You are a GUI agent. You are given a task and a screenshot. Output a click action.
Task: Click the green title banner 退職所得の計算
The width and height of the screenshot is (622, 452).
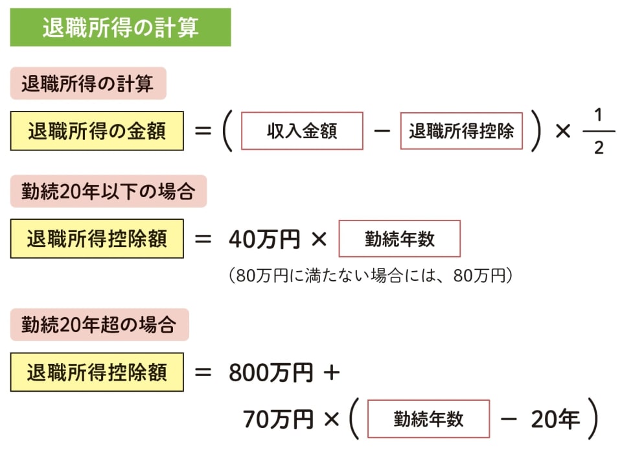(120, 27)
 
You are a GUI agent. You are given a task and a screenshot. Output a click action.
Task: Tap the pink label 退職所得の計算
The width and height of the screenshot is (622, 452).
(88, 84)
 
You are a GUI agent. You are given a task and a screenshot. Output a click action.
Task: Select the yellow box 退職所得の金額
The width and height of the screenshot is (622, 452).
(97, 131)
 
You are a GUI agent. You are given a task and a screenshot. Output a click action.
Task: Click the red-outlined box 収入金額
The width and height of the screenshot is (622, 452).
(302, 131)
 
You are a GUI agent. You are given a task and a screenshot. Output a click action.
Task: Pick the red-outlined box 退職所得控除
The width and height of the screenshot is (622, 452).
(461, 131)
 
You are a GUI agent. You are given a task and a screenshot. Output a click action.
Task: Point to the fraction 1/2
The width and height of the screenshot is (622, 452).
(598, 131)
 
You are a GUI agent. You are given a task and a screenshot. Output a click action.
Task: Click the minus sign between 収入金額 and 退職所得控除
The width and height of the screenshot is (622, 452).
(382, 131)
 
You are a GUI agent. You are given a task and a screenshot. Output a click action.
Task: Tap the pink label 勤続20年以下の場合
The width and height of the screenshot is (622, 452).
(108, 191)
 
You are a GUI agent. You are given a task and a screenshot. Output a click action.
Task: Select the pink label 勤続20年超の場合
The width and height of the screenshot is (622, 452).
(99, 324)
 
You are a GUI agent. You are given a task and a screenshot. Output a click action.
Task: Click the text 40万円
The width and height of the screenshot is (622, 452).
(264, 239)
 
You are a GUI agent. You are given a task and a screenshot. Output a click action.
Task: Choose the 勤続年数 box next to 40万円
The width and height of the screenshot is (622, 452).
(400, 239)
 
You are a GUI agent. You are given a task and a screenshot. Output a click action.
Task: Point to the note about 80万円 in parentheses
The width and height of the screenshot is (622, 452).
(371, 276)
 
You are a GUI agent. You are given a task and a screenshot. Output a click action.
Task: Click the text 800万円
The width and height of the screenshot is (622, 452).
(271, 373)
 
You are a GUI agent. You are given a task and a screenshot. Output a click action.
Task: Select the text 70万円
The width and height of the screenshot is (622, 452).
(278, 420)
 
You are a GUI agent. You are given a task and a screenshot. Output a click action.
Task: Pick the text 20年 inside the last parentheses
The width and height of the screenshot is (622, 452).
(555, 420)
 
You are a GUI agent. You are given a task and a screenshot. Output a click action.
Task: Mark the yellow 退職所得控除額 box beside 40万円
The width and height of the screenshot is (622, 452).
(97, 239)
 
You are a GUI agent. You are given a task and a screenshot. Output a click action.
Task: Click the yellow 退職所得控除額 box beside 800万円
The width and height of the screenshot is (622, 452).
(97, 372)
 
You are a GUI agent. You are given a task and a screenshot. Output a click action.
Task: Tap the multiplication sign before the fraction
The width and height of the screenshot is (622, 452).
(563, 131)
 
